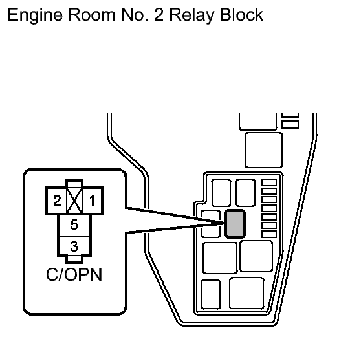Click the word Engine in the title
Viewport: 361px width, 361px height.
[x=35, y=16]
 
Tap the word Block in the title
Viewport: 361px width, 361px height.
[x=242, y=14]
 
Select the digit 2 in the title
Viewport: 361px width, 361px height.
[x=159, y=15]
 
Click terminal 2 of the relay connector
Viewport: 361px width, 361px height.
[x=57, y=201]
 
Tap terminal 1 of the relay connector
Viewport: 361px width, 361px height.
[x=92, y=201]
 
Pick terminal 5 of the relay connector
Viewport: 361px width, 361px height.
[x=74, y=225]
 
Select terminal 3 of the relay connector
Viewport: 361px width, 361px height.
[x=74, y=246]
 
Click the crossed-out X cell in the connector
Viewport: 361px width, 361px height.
[x=74, y=201]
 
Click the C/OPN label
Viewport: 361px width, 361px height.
[x=74, y=274]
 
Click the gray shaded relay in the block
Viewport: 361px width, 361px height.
[x=235, y=224]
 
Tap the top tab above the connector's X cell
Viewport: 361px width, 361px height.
[x=74, y=184]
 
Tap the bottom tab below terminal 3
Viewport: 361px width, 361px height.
[x=74, y=259]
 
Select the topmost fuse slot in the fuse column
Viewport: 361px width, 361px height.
[x=269, y=182]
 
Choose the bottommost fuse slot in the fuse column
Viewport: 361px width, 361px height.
[x=269, y=234]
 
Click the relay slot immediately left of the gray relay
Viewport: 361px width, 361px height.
[x=210, y=224]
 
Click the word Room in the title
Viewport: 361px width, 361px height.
[x=92, y=15]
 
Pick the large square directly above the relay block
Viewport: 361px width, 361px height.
[x=263, y=150]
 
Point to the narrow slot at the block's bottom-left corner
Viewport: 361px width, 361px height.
[x=211, y=294]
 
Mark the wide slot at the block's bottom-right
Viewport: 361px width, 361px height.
[x=246, y=293]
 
